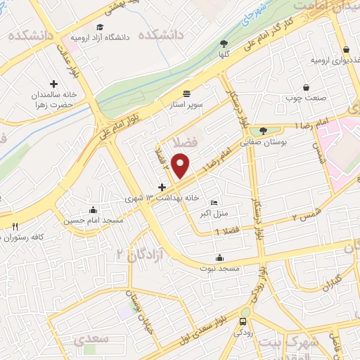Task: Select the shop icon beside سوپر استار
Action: point(186,93)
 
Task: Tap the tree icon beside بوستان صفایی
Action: point(263,130)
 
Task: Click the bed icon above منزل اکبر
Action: point(214,203)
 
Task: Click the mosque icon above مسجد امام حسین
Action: point(92,210)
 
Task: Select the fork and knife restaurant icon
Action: point(14,226)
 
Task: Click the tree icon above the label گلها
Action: point(224,41)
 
